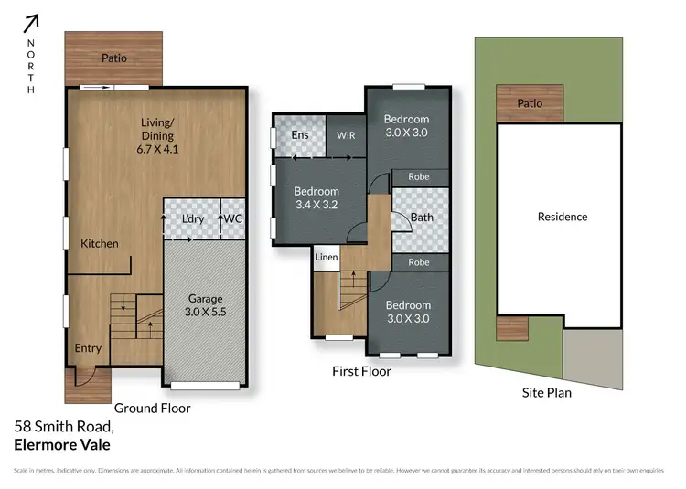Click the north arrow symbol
pyautogui.click(x=32, y=23)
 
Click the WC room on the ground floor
pyautogui.click(x=232, y=219)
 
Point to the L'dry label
pyautogui.click(x=193, y=219)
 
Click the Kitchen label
pyautogui.click(x=100, y=244)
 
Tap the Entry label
pyautogui.click(x=89, y=348)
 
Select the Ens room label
pyautogui.click(x=299, y=135)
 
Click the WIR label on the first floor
pyautogui.click(x=346, y=135)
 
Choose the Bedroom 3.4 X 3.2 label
pyautogui.click(x=316, y=198)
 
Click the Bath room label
pyautogui.click(x=422, y=218)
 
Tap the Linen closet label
pyautogui.click(x=327, y=258)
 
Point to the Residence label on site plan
pyautogui.click(x=563, y=217)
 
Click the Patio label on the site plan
pyautogui.click(x=530, y=103)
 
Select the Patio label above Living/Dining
pyautogui.click(x=114, y=58)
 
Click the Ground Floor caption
pyautogui.click(x=152, y=409)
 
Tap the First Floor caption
pyautogui.click(x=361, y=372)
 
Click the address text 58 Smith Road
pyautogui.click(x=64, y=427)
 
